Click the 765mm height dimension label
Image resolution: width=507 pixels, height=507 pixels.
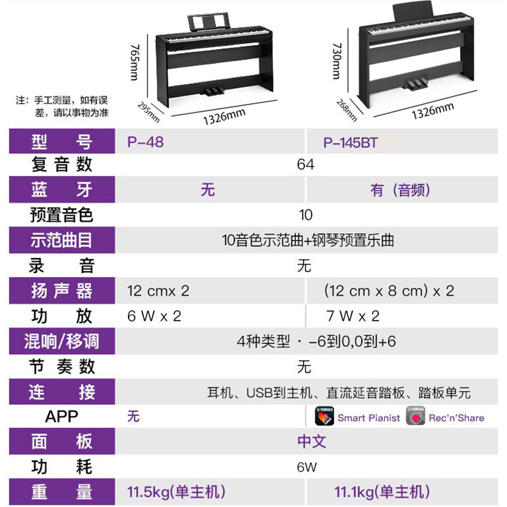[x=134, y=62]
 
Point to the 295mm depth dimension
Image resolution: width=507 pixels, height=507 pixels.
[x=150, y=112]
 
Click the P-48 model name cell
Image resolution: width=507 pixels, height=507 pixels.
[x=145, y=141]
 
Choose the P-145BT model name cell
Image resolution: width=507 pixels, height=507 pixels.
[x=350, y=143]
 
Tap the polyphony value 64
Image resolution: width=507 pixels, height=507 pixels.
[x=305, y=165]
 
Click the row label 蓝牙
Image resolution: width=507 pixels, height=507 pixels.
[x=61, y=189]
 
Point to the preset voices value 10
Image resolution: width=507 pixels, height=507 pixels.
[x=306, y=215]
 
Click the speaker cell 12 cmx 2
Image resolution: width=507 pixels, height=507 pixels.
[x=158, y=291]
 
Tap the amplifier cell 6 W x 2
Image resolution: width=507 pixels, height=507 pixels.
[x=154, y=316]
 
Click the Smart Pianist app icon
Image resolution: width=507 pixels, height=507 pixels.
[x=324, y=417]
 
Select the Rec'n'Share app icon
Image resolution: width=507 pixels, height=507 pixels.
[x=416, y=417]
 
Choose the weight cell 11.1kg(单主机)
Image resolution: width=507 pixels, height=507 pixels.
[x=382, y=492]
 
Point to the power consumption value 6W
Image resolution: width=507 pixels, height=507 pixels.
[x=306, y=468]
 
